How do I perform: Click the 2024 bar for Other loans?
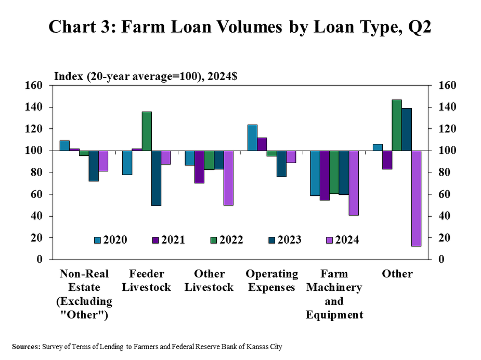click(415, 198)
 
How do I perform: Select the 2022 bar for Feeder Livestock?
click(146, 131)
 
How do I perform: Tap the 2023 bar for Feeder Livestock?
click(156, 178)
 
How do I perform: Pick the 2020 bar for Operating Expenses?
click(252, 138)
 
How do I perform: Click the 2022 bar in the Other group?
click(396, 125)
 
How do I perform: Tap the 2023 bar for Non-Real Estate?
click(93, 166)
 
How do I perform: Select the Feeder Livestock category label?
click(146, 281)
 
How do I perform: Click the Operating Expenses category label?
click(271, 281)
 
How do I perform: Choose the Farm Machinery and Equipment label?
click(334, 294)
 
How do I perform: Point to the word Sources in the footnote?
click(25, 346)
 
